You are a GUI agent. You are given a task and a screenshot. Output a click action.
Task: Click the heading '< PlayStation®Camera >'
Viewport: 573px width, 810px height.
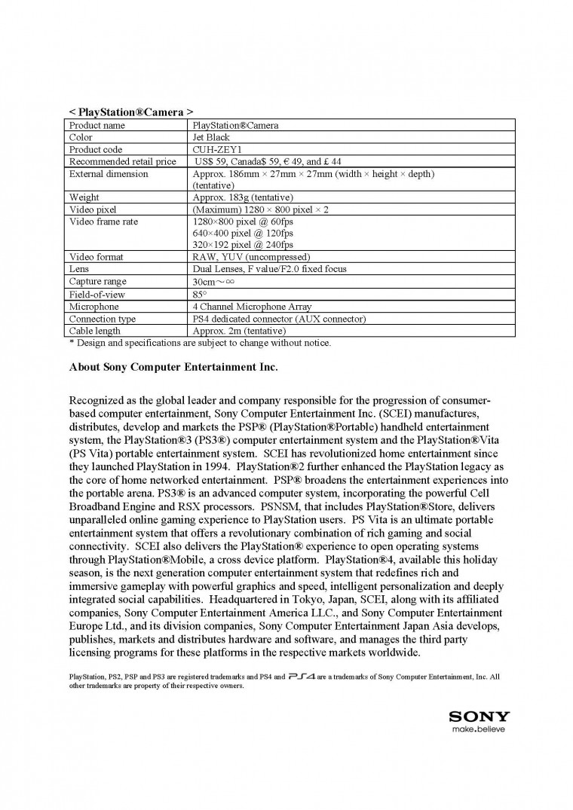pos(126,112)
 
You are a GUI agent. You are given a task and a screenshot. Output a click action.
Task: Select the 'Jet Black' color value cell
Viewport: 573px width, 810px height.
pos(211,138)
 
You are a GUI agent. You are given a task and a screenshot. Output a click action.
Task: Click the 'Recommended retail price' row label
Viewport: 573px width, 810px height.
pos(122,161)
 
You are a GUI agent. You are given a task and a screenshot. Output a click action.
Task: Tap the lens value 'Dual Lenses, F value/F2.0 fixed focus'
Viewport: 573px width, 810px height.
pos(269,269)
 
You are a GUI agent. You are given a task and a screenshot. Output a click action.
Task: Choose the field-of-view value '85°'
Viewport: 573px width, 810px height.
pos(200,295)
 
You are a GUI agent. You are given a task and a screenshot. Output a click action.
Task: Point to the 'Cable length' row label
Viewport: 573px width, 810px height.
pos(94,331)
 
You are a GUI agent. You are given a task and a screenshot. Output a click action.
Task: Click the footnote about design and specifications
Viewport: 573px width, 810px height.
pos(200,343)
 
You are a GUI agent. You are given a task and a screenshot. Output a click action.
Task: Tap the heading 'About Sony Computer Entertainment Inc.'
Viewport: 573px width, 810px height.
pos(173,368)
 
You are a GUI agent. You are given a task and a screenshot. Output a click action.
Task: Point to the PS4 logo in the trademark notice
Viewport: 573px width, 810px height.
pos(301,677)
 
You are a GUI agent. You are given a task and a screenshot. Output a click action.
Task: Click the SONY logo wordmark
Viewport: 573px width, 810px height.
pos(479,717)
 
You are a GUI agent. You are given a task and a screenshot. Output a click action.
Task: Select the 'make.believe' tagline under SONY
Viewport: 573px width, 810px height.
pos(479,729)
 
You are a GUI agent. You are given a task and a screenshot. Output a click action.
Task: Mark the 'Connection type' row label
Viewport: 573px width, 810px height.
pos(103,319)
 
